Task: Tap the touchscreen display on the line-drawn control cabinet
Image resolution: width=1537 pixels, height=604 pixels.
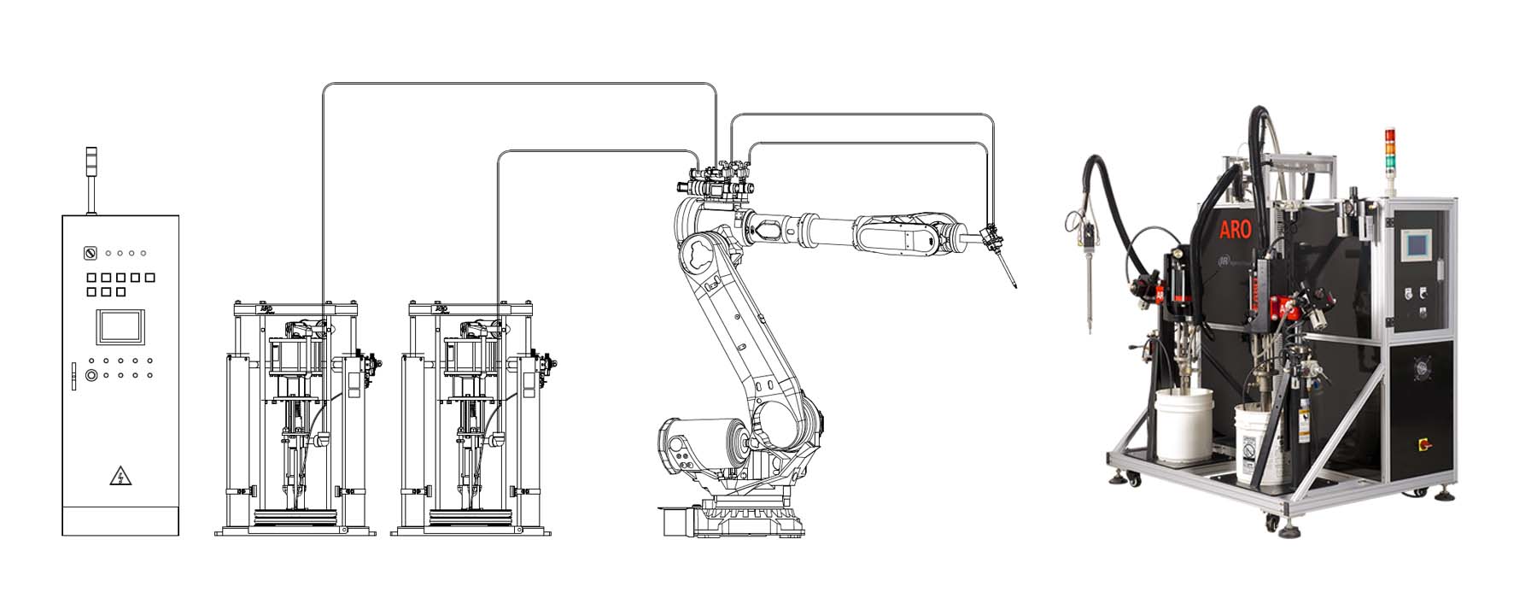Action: (120, 327)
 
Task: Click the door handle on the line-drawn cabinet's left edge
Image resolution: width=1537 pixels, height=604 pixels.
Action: (73, 375)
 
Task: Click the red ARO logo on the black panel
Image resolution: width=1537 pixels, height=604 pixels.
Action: (1235, 229)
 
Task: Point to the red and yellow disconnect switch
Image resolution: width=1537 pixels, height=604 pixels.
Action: (1423, 444)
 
